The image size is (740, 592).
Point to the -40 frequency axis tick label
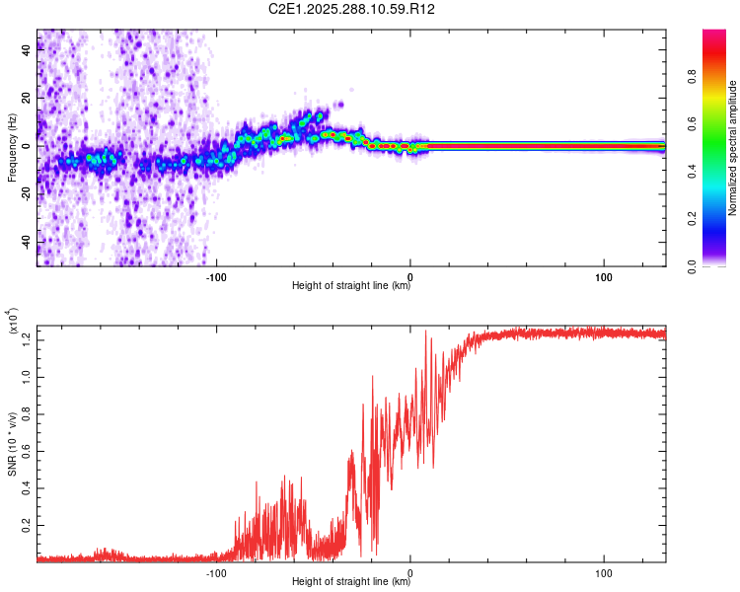[24, 242]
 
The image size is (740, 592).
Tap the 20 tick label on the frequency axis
[26, 98]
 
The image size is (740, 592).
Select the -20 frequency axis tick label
[24, 193]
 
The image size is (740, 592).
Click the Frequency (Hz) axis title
[11, 147]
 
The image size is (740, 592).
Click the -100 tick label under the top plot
[217, 276]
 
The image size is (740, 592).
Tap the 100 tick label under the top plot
[604, 276]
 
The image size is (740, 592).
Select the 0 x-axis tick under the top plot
[410, 276]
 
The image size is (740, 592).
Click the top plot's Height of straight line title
[351, 287]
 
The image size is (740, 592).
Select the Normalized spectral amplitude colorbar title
[734, 148]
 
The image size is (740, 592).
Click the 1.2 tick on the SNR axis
[25, 340]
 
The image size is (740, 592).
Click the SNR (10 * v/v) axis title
[12, 444]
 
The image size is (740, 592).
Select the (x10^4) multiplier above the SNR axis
[15, 322]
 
